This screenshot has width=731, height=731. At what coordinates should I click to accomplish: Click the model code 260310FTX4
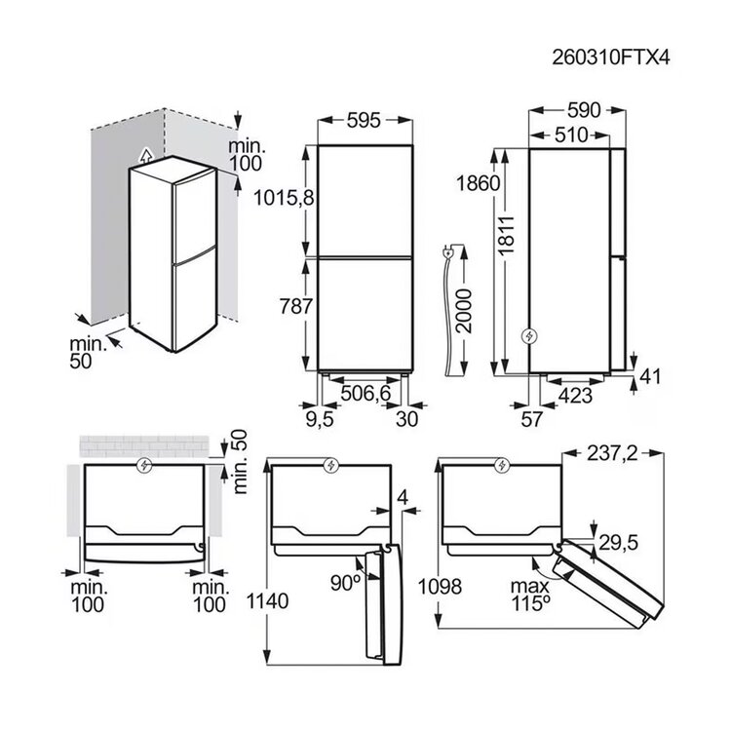[x=611, y=58]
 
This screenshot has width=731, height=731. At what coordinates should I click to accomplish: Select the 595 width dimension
[x=364, y=120]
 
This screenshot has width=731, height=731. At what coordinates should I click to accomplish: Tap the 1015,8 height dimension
[x=284, y=199]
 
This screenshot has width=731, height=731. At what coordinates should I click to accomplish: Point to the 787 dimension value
[x=295, y=307]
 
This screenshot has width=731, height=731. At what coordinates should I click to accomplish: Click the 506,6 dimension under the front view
[x=365, y=394]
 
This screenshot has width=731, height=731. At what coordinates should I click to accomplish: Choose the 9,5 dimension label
[x=321, y=419]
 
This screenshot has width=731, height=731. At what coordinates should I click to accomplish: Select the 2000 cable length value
[x=464, y=311]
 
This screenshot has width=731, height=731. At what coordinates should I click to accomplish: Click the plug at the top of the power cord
[x=448, y=253]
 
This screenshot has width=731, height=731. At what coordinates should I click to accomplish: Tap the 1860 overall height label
[x=478, y=183]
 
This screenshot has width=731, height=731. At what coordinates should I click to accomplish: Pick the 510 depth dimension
[x=571, y=135]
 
